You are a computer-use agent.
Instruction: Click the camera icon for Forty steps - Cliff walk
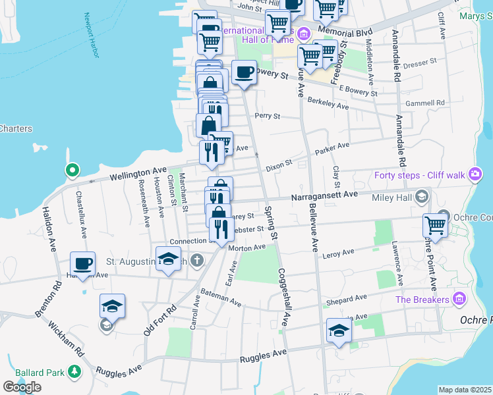pyautogui.click(x=475, y=175)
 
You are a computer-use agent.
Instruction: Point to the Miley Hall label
pyautogui.click(x=393, y=197)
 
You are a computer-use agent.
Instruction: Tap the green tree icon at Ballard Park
pyautogui.click(x=75, y=373)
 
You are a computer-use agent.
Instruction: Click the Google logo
pyautogui.click(x=22, y=386)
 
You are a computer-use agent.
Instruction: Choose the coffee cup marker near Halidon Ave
pyautogui.click(x=83, y=265)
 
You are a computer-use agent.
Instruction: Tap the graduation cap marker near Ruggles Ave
pyautogui.click(x=339, y=330)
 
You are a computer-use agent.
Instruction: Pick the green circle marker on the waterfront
pyautogui.click(x=72, y=171)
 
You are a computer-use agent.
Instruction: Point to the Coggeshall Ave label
pyautogui.click(x=284, y=297)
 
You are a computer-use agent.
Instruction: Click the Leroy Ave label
pyautogui.click(x=338, y=253)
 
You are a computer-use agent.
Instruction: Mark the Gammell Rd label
pyautogui.click(x=426, y=103)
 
